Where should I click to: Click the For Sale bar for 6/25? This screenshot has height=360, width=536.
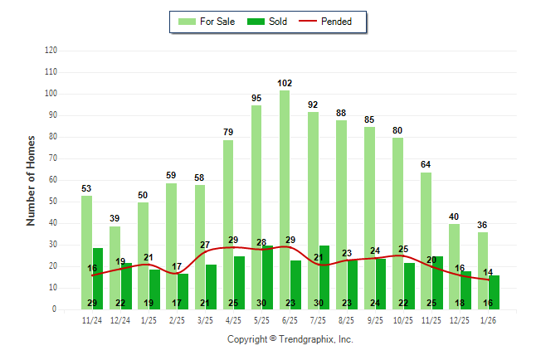(285, 199)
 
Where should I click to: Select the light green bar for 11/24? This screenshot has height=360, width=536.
(86, 249)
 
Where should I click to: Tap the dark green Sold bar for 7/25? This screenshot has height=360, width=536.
(324, 277)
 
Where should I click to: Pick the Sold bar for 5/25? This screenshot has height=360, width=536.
(267, 277)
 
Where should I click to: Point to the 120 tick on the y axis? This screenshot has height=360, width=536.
(51, 51)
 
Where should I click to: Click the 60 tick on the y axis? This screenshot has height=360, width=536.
(53, 180)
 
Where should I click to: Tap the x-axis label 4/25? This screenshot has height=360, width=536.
(233, 320)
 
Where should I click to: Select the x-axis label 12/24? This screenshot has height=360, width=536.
(120, 320)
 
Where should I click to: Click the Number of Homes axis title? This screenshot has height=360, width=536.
(31, 180)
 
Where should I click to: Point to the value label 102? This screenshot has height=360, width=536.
(285, 83)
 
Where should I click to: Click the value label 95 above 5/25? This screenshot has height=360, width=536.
(256, 98)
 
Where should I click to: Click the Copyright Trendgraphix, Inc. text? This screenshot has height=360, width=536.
(290, 339)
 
